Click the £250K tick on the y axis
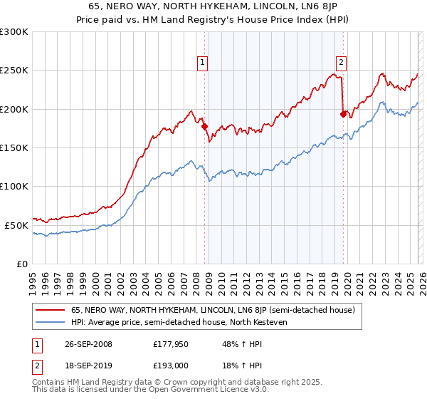click(14, 71)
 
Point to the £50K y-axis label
click(16, 225)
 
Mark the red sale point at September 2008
click(205, 127)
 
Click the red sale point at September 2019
click(343, 114)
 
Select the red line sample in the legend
click(51, 310)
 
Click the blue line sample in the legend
click(51, 322)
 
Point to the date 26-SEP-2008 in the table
click(84, 344)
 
